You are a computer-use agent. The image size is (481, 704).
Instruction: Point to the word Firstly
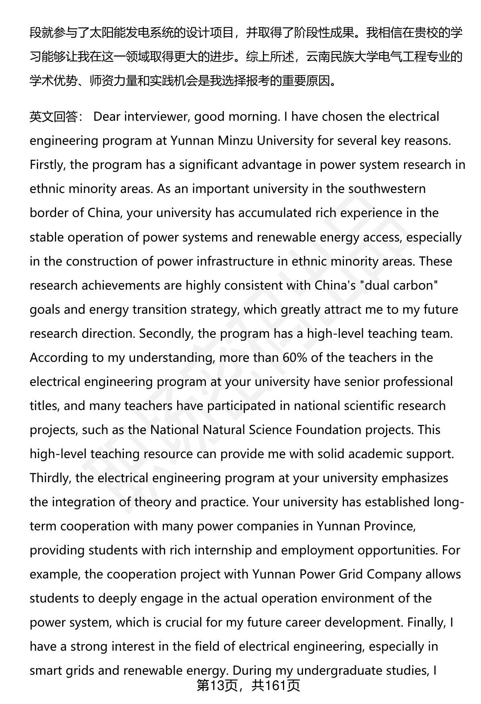[48, 165]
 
